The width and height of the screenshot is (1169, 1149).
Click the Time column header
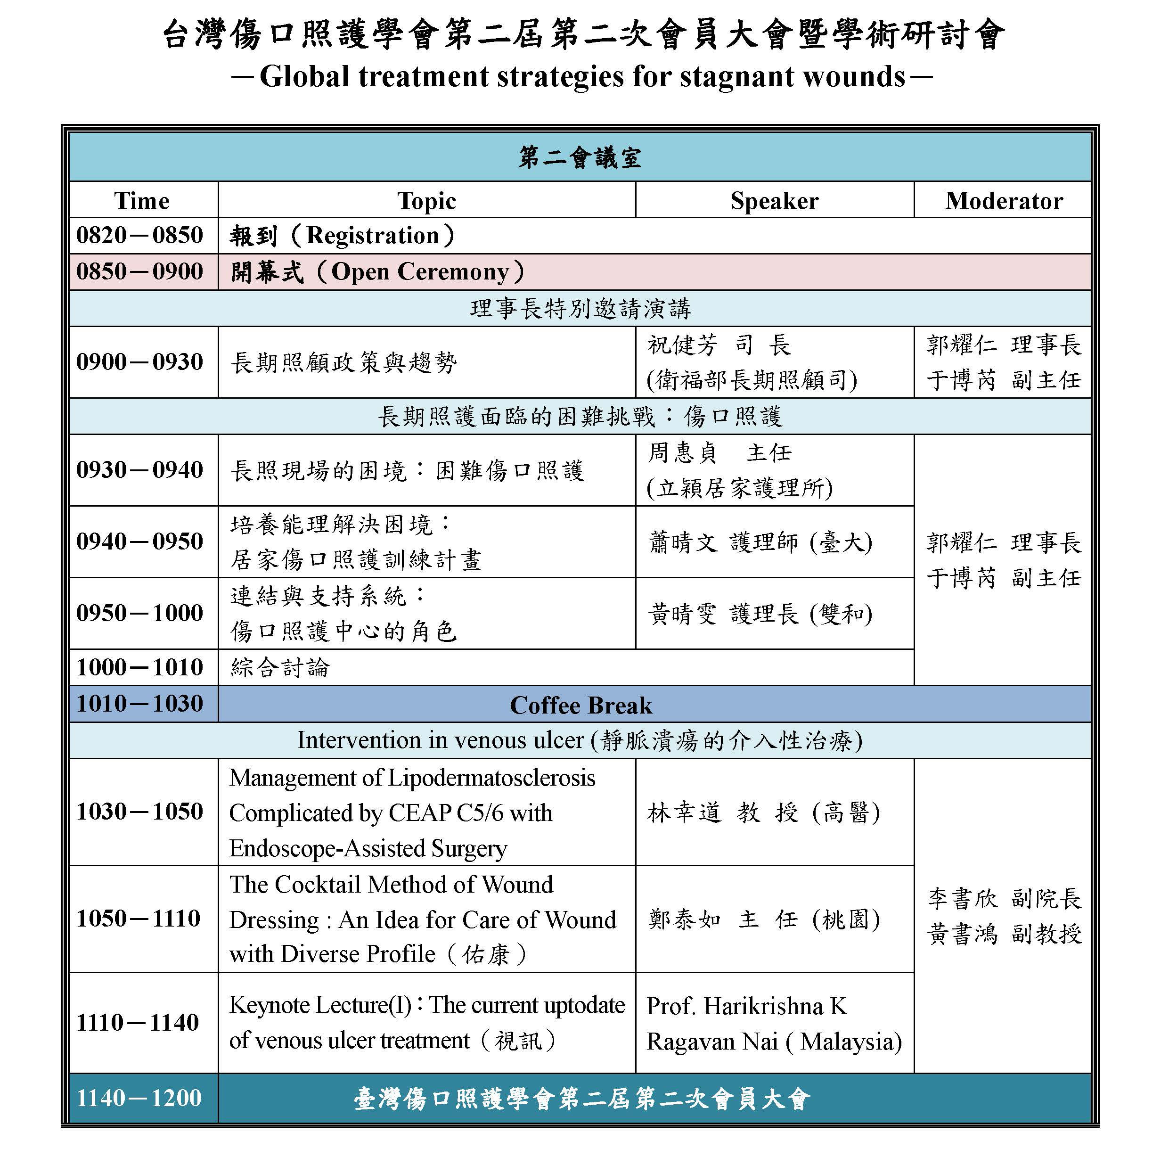(142, 201)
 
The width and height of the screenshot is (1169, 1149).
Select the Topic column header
(426, 201)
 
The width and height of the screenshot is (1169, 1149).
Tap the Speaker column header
(775, 201)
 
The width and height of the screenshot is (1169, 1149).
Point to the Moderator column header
(1004, 201)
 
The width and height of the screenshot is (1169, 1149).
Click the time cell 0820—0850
(139, 235)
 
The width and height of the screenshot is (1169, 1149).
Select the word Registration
(373, 235)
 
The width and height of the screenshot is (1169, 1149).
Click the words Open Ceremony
(420, 271)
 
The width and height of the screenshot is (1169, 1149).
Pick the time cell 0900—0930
(139, 362)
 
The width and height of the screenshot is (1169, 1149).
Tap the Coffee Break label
(580, 706)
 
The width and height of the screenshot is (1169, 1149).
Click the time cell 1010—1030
(139, 704)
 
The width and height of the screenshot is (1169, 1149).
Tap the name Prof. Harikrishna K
(747, 1006)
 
